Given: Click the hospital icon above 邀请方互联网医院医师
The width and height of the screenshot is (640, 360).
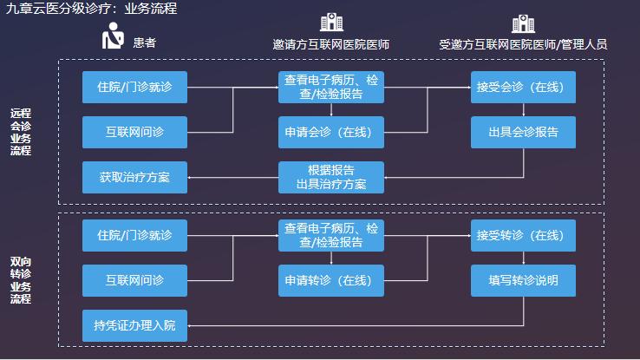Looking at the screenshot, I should tap(331, 23).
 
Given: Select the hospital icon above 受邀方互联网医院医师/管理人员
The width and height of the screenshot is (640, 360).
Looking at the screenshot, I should tap(523, 23).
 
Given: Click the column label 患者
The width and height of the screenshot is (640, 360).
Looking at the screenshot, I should tap(145, 41).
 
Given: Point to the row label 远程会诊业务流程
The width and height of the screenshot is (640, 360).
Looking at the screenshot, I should tap(21, 132).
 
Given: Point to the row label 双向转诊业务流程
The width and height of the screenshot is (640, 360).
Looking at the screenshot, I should tap(21, 280).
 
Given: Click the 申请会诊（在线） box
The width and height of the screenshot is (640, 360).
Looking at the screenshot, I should tap(331, 133).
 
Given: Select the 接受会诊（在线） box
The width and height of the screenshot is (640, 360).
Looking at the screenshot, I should tap(523, 87).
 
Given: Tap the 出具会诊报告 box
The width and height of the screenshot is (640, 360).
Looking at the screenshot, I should tap(523, 133).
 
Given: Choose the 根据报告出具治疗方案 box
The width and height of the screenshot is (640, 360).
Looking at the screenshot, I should tap(331, 177).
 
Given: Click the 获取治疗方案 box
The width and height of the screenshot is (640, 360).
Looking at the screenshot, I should tap(134, 177).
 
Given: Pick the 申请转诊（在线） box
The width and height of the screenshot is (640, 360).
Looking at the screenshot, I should tap(331, 280).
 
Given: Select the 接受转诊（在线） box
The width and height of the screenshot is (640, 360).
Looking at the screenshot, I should tap(523, 235).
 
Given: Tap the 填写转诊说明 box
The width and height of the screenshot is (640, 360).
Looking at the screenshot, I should tap(523, 280).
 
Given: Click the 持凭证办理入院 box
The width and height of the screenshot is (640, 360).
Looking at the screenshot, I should tap(134, 325).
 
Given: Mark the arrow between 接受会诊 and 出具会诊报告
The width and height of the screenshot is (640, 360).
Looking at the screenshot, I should tap(523, 109).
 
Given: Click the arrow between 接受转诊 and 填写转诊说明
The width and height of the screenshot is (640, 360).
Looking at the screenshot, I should tap(523, 258).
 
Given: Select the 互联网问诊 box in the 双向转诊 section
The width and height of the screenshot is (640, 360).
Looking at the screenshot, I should tap(134, 280).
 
